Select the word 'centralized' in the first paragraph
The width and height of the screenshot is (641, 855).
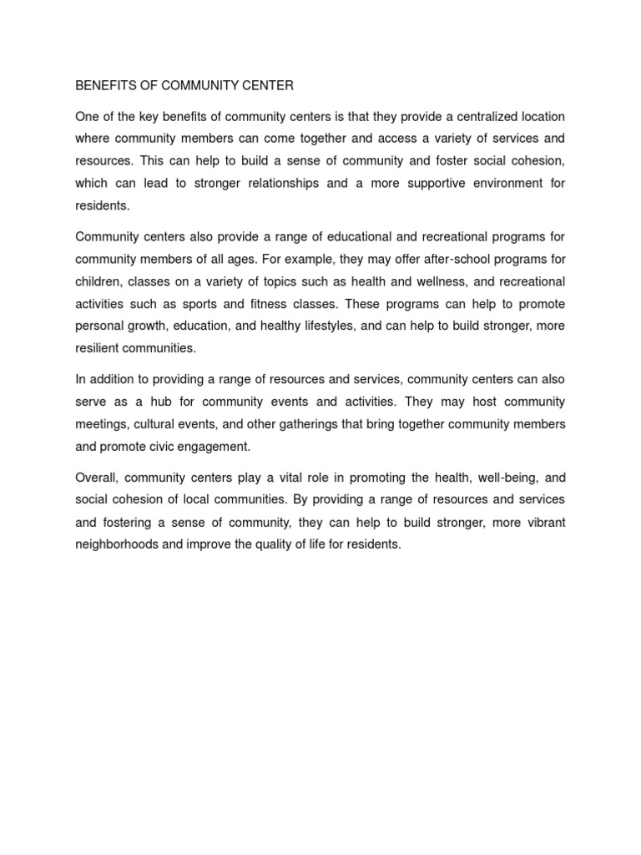(469, 116)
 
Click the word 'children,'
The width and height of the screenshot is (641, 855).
(99, 281)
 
